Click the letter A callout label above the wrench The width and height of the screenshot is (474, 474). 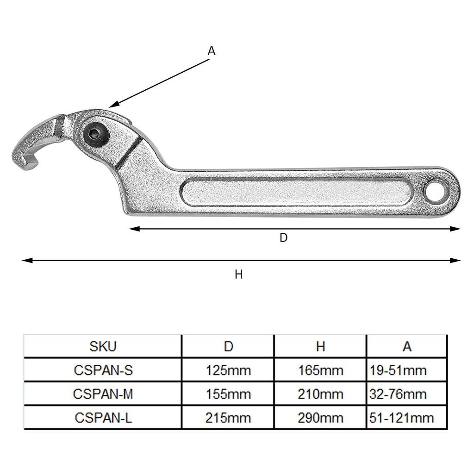[x=212, y=51]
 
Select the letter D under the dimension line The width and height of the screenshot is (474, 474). [x=284, y=238]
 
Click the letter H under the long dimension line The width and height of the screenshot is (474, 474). [x=238, y=274]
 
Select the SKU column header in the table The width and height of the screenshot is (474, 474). [x=103, y=346]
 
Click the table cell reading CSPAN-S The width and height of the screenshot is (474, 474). [x=103, y=370]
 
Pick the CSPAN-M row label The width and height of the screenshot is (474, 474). [x=103, y=394]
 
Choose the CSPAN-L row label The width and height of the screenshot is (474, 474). [x=103, y=418]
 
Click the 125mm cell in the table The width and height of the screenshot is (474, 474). [x=228, y=370]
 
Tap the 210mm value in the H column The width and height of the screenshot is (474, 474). [x=320, y=394]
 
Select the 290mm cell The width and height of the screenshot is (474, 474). [x=320, y=418]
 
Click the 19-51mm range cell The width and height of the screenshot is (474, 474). [x=398, y=370]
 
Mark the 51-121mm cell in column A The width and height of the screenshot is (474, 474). [x=402, y=418]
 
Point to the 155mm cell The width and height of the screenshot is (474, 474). [x=228, y=394]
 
